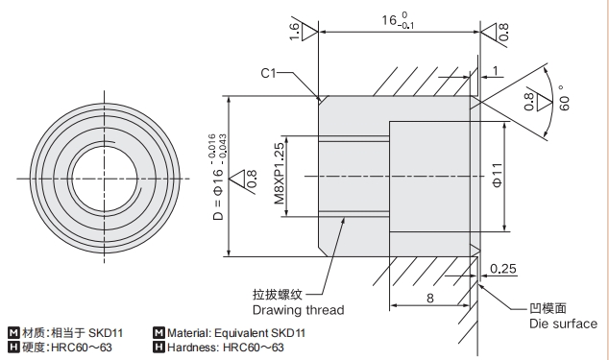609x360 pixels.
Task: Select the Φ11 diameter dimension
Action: pos(497,176)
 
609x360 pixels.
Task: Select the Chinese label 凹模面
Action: pos(548,308)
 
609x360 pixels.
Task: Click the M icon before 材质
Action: pos(13,333)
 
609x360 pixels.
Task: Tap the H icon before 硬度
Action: pos(13,347)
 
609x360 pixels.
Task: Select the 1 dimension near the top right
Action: pos(496,70)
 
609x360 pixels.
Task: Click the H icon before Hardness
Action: pos(158,347)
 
